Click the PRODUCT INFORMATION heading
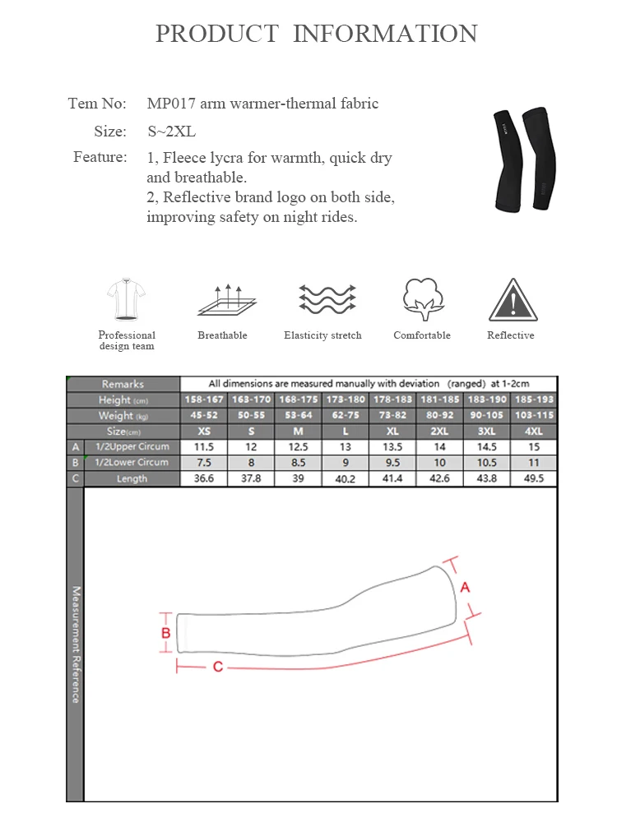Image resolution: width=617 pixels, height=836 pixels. point(317,34)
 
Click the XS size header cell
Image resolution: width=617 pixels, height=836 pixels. point(204,432)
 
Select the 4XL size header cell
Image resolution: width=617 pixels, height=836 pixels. point(533,432)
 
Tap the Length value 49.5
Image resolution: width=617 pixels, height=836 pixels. point(533,478)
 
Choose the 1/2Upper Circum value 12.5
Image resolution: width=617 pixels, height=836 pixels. point(299,447)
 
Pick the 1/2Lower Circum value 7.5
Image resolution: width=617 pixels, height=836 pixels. point(204,463)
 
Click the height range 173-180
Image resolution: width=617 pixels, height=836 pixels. point(346,400)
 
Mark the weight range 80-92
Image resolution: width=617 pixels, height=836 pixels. point(439,416)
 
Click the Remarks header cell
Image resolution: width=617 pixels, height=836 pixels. point(123,384)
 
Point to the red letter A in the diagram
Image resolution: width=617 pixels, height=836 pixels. point(465,587)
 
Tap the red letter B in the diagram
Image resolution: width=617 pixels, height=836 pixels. point(166,633)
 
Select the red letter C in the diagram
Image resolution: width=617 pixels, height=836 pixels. point(218,667)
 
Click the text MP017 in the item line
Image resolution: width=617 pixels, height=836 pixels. point(167,104)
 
